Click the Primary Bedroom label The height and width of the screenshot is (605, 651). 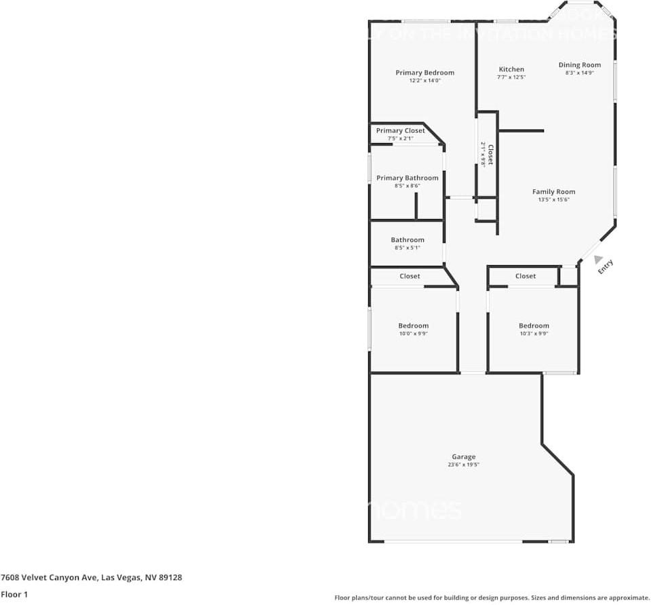(425, 73)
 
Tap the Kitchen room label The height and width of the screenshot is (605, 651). (511, 69)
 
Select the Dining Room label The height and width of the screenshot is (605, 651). (580, 65)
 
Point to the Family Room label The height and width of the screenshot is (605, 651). (553, 192)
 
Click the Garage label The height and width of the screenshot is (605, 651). (464, 456)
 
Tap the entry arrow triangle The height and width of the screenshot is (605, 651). (597, 259)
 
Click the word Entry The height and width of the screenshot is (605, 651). (606, 267)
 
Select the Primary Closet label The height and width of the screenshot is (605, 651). (401, 131)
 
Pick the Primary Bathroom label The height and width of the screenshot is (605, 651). (408, 178)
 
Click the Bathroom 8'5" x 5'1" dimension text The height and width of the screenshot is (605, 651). (408, 248)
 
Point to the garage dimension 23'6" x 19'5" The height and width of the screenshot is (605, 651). (464, 465)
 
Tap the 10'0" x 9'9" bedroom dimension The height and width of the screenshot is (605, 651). (413, 334)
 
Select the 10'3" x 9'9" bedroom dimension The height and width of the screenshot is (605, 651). (534, 334)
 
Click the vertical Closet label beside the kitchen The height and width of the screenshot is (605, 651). (490, 154)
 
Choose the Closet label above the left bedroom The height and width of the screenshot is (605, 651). (410, 276)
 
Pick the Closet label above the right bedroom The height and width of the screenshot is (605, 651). (526, 276)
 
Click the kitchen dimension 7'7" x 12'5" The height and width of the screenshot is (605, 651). (511, 77)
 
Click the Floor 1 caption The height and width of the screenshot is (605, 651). (14, 594)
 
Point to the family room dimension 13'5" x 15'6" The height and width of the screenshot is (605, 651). (553, 199)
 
